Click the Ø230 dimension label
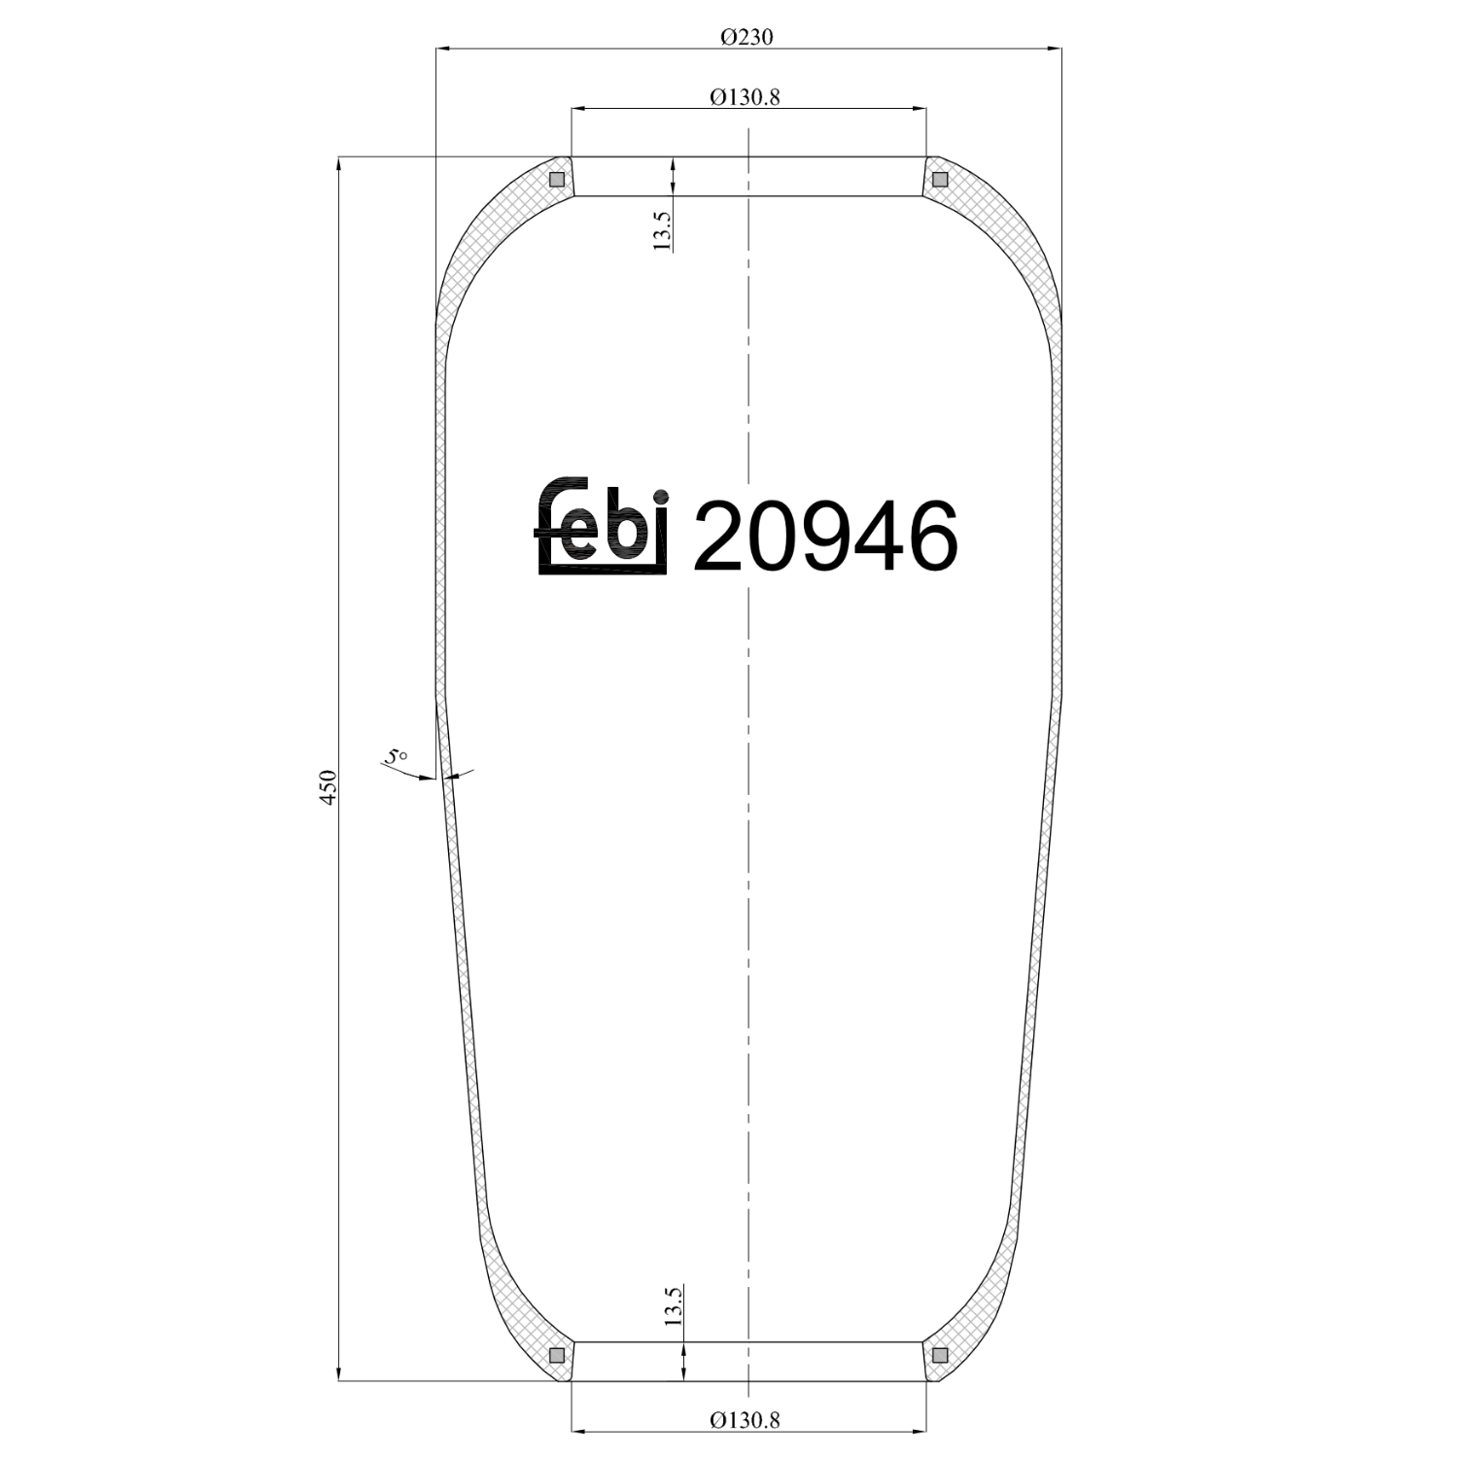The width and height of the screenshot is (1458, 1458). coord(746,37)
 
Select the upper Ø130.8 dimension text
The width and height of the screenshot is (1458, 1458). coord(746,97)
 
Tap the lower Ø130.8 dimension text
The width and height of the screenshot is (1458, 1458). coord(746,1420)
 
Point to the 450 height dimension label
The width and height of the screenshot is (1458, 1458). coord(329,786)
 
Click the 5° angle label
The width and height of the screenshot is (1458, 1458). coord(396,756)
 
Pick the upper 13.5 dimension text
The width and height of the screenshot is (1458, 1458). coord(662,229)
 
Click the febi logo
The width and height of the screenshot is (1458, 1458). coord(603,526)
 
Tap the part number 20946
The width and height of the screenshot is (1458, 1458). coord(824,536)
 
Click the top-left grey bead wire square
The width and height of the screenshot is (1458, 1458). coord(557,180)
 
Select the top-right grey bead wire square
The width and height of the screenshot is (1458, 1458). coord(939,180)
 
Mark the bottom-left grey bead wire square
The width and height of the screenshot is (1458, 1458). coord(557,1356)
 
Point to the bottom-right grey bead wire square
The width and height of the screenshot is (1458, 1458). coord(939,1356)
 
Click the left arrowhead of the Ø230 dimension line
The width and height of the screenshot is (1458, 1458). coord(443,48)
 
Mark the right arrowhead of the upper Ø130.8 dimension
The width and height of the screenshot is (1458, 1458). coord(919,109)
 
